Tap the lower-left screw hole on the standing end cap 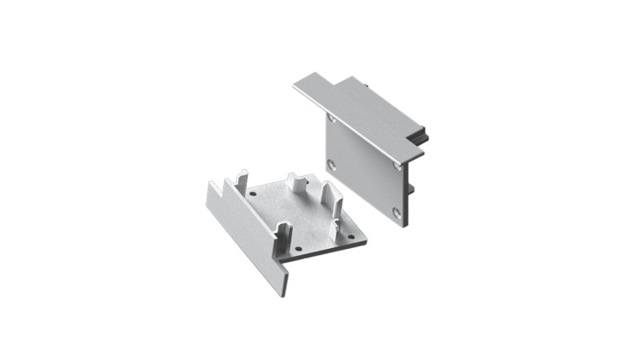(x=331, y=166)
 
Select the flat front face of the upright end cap (x=366, y=164)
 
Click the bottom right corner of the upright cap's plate (x=406, y=226)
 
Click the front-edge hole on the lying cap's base (x=299, y=250)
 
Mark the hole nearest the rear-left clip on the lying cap (x=254, y=194)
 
